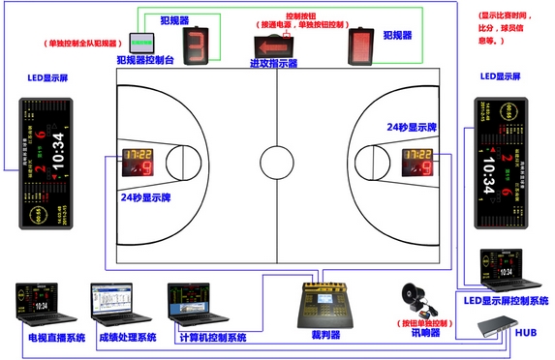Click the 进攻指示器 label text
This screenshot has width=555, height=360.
pyautogui.click(x=273, y=65)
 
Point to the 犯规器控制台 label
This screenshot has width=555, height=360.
pyautogui.click(x=144, y=60)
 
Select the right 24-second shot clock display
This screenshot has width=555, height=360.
pyautogui.click(x=419, y=160)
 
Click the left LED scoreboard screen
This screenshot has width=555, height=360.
pyautogui.click(x=45, y=164)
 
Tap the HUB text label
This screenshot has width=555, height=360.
pyautogui.click(x=525, y=332)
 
